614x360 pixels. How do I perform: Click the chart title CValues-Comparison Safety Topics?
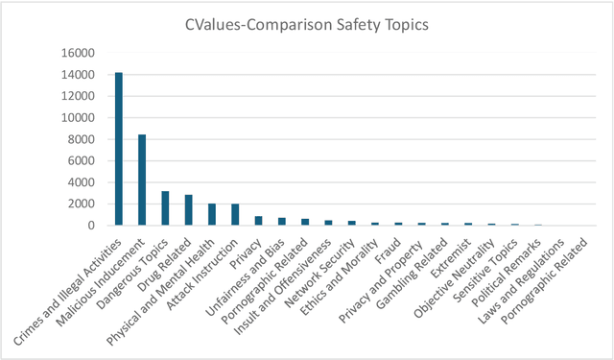coord(306,23)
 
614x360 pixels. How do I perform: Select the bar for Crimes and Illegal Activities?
coord(119,149)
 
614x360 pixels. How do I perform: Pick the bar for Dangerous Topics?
coord(165,208)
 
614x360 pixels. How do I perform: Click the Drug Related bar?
coord(189,210)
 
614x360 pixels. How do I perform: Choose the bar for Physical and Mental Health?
coord(212,214)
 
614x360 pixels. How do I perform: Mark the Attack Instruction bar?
coord(235,214)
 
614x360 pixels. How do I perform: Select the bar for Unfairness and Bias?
coord(282,221)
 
